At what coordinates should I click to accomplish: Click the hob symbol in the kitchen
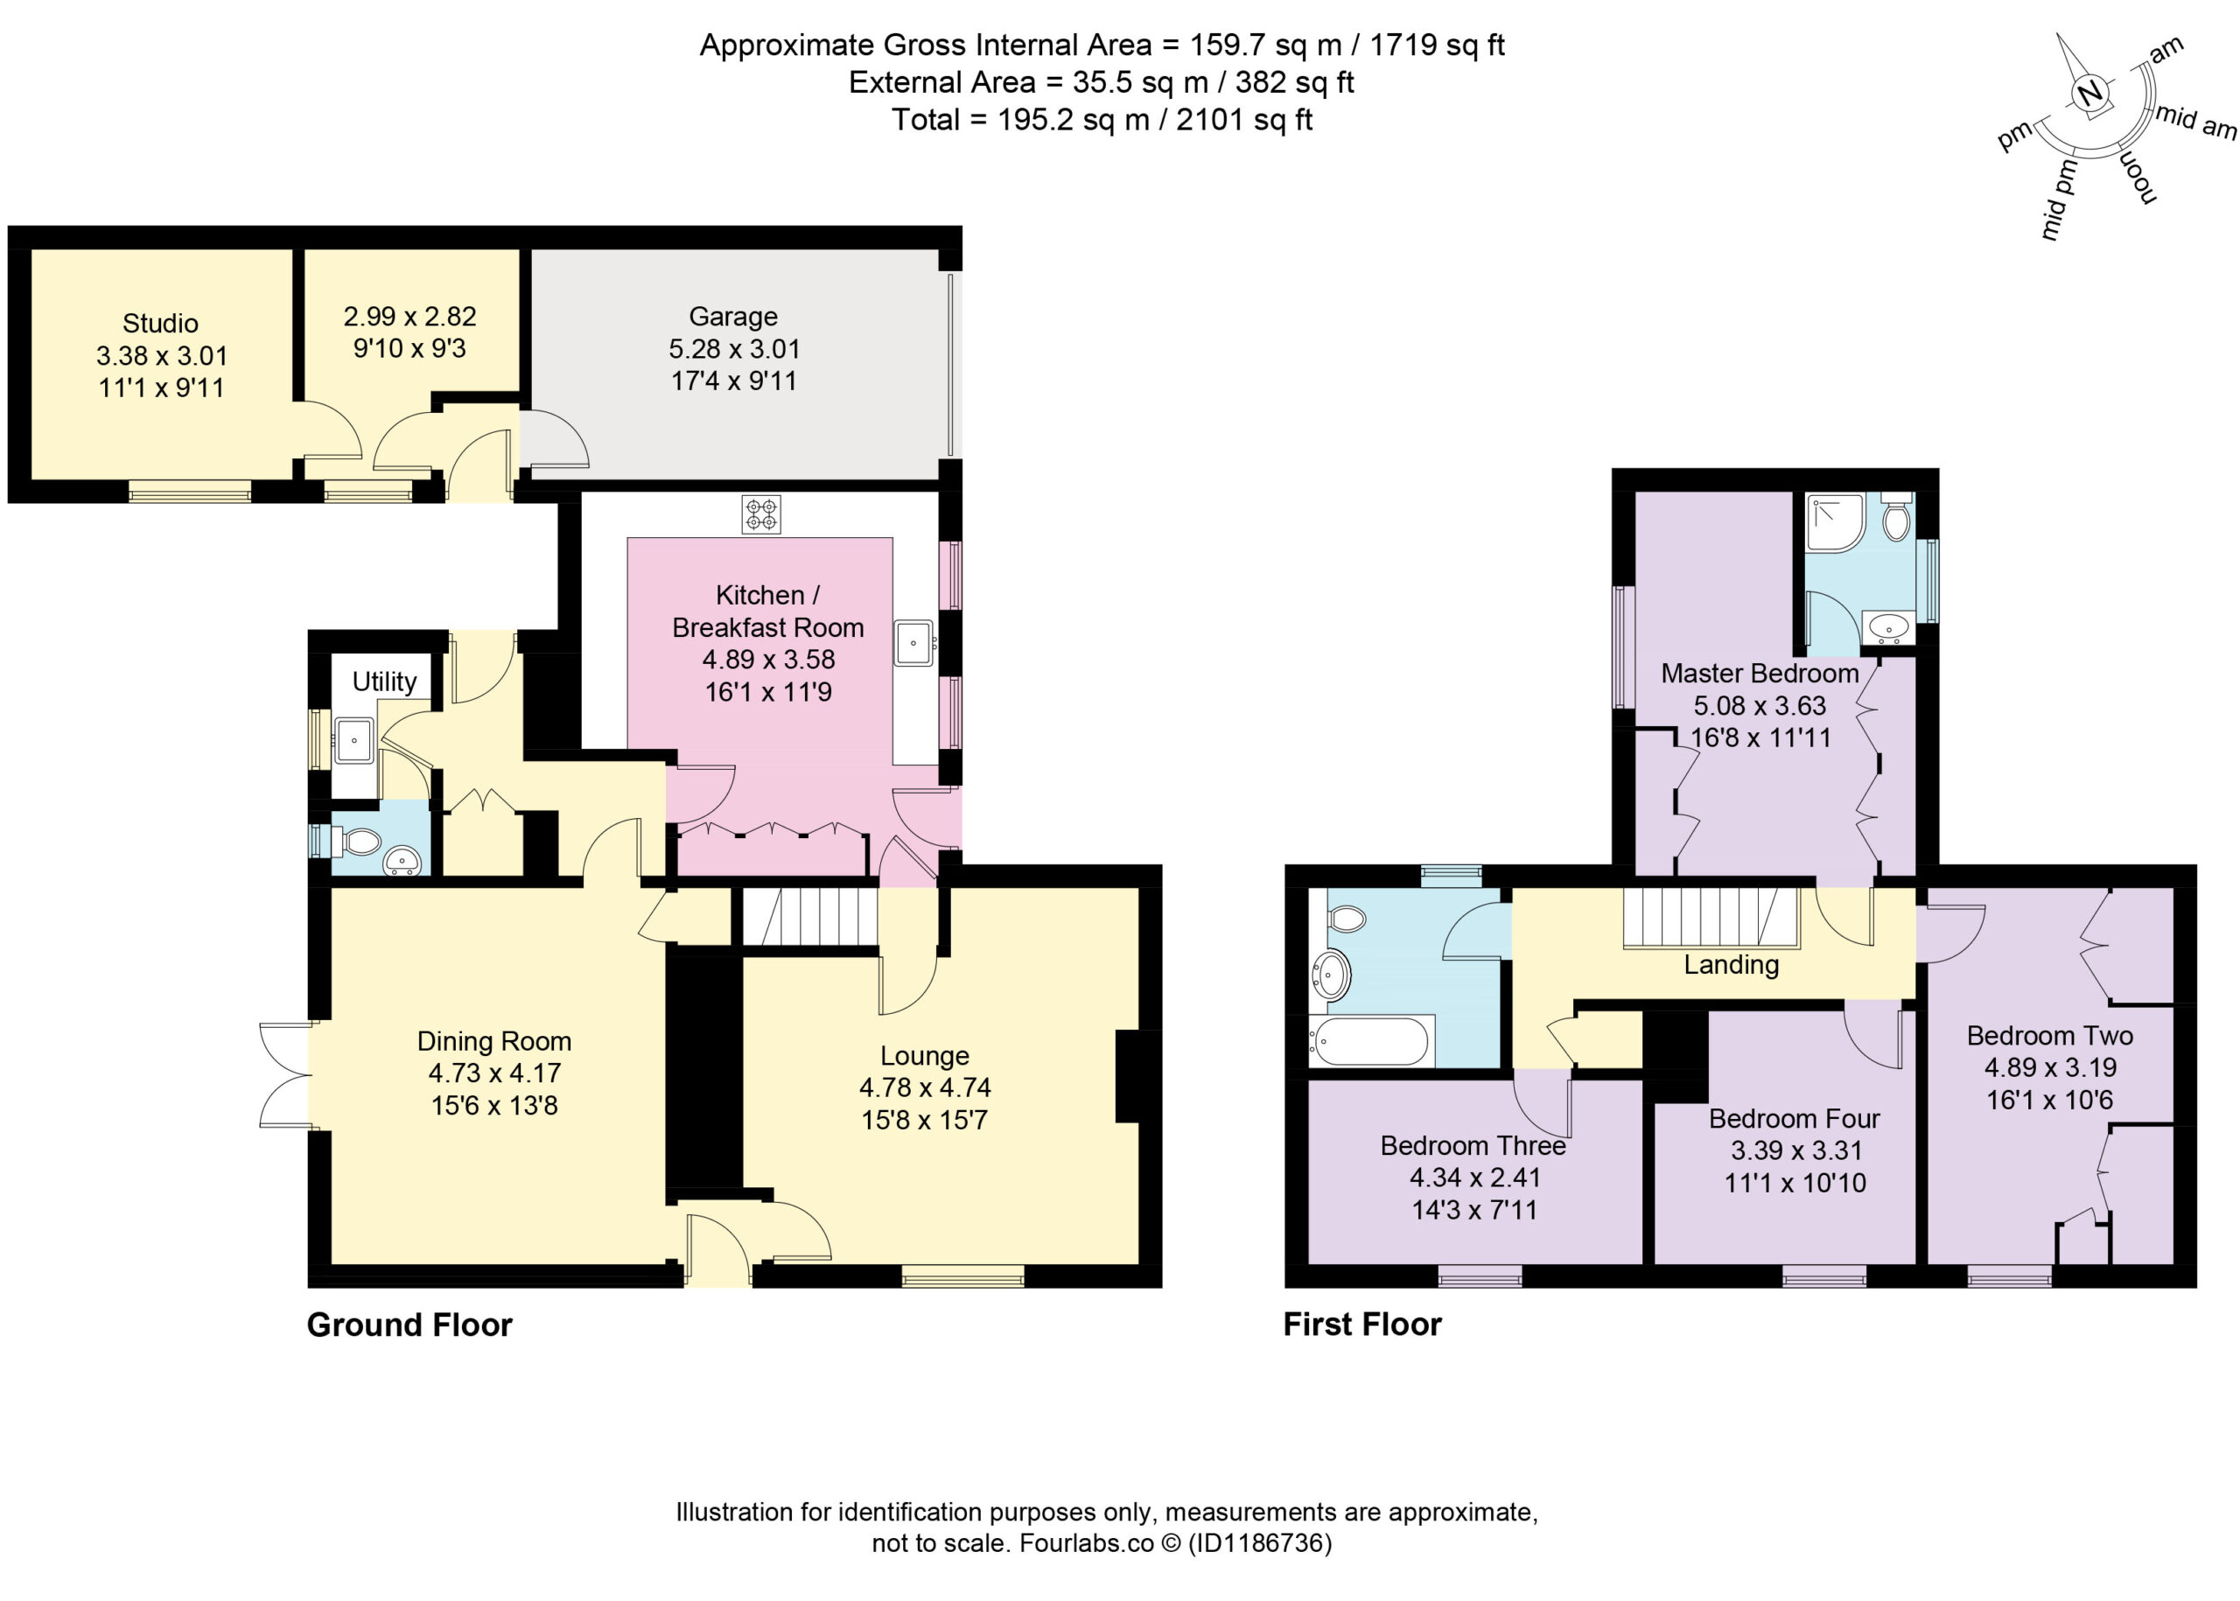760,514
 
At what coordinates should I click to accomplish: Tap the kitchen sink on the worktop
914,643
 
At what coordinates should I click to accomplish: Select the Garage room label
732,317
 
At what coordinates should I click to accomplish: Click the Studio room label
161,324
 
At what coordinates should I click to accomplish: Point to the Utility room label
384,682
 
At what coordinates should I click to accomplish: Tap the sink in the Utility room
354,740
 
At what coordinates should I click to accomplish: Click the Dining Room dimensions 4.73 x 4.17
495,1073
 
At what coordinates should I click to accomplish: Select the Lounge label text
925,1056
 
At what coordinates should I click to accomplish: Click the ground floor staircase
809,917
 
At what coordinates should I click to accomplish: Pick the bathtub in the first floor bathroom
1370,1041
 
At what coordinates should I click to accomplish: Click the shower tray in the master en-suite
1836,522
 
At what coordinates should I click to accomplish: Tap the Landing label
1732,965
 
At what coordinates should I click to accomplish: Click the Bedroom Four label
1795,1119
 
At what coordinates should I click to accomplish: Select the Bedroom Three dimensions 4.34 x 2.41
1475,1177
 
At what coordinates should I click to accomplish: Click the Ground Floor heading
409,1325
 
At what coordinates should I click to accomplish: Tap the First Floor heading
1362,1324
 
